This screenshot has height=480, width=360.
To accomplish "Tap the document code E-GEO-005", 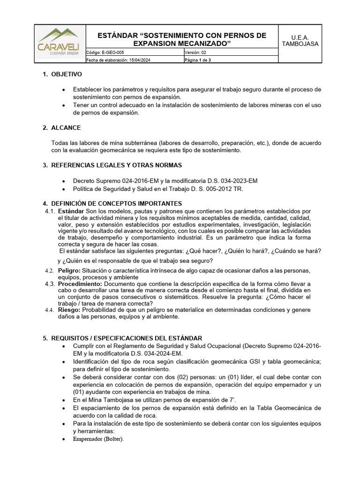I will [113, 52].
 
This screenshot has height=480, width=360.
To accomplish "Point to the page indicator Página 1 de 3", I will [198, 60].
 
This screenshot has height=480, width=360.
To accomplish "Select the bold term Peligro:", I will [69, 271].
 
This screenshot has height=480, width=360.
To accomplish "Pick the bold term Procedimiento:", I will [80, 284].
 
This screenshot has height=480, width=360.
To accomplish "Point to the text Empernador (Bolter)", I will [98, 439].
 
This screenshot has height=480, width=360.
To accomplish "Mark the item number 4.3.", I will [50, 284].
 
